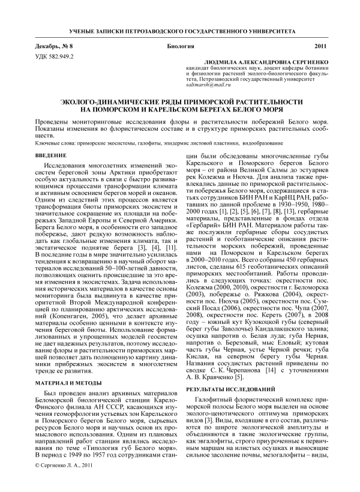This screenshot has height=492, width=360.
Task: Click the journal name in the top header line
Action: tap(180, 29)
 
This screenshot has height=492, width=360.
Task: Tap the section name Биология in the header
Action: tap(180, 46)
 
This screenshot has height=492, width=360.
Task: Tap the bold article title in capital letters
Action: tap(180, 106)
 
